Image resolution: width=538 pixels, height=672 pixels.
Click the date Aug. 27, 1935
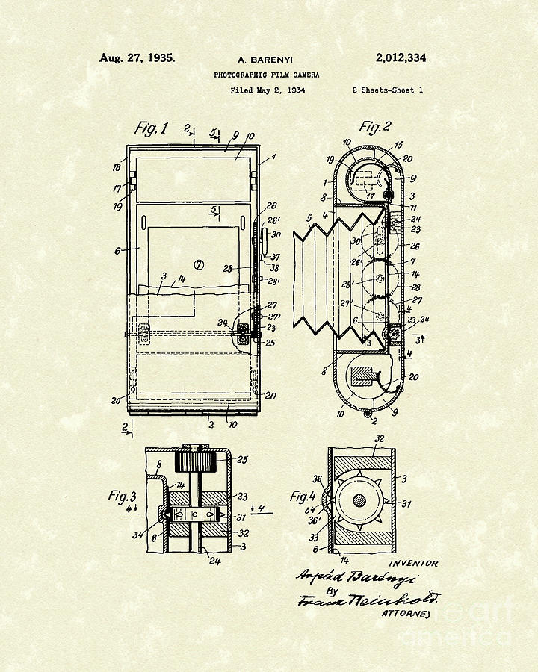138,58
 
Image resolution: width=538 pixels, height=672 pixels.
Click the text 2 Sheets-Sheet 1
387,90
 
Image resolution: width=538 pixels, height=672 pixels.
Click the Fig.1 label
151,128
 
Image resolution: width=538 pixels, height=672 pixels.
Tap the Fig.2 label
375,126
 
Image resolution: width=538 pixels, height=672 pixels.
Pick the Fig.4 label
306,496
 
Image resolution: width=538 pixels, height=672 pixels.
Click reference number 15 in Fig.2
397,144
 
